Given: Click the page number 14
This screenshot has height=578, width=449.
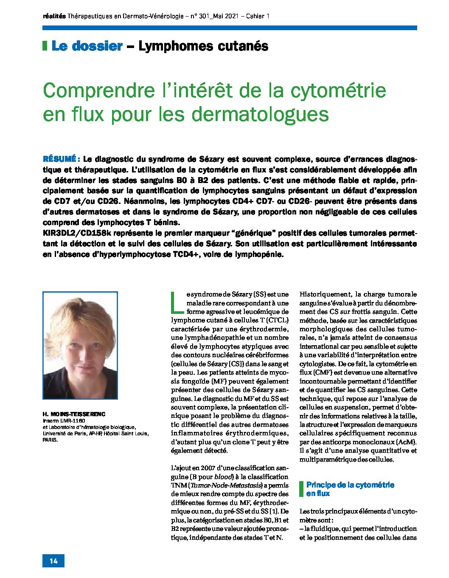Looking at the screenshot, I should click(53, 561).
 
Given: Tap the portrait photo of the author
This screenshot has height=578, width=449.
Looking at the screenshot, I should click(80, 345).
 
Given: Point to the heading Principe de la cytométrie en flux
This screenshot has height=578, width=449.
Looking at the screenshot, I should click(350, 489).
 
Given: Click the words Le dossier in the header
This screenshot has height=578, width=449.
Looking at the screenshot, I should click(87, 46).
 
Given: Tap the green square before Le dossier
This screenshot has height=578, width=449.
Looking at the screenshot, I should click(45, 46).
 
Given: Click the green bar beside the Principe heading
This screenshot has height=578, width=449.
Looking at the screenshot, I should click(301, 489).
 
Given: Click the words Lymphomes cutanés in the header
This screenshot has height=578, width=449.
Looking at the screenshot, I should click(203, 46).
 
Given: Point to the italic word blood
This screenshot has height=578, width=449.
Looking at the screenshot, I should click(223, 476).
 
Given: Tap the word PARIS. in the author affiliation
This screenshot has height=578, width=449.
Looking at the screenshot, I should click(50, 440).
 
